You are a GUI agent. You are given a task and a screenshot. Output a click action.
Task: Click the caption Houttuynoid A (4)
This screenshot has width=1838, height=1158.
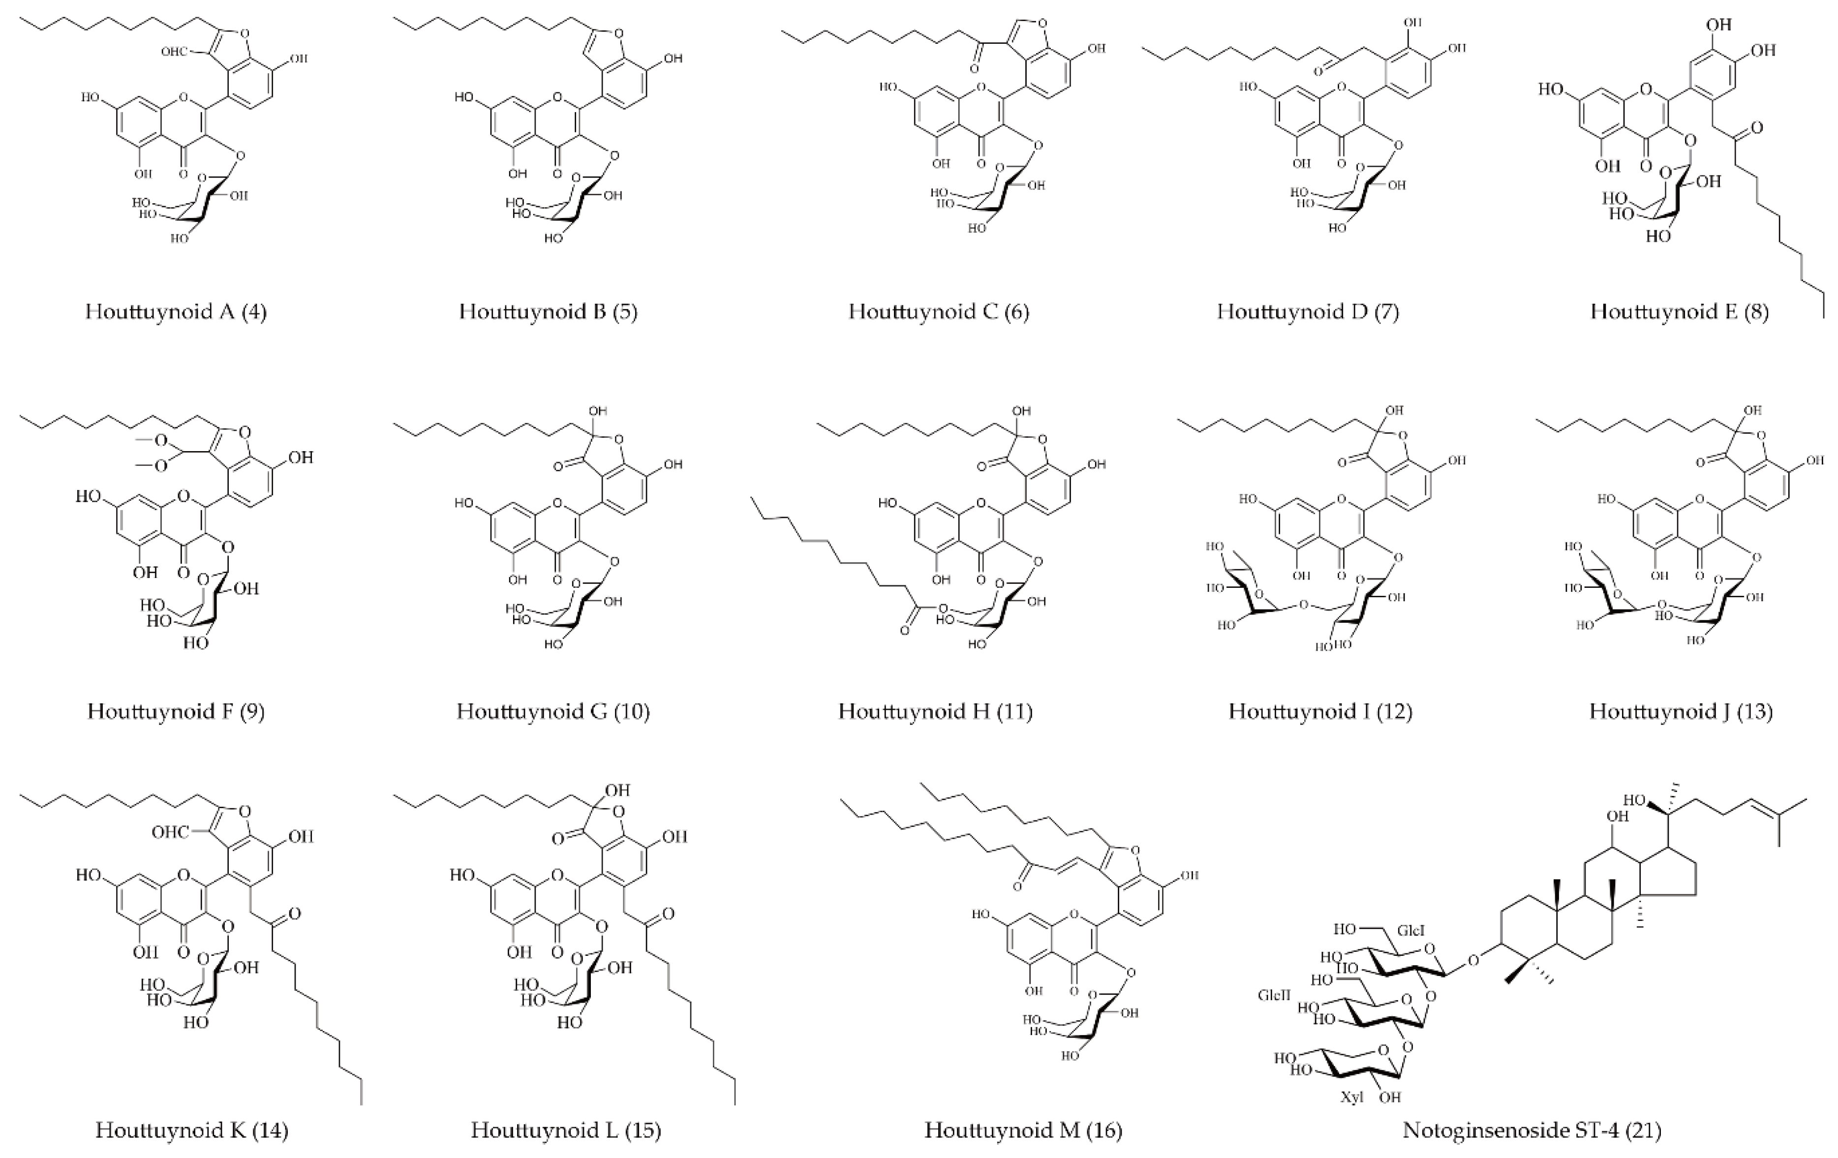click(176, 312)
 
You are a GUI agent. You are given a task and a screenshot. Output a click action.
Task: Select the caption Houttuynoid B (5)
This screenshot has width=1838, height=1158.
click(548, 312)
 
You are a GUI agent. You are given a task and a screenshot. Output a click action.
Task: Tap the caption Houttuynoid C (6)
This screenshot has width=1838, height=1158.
click(939, 312)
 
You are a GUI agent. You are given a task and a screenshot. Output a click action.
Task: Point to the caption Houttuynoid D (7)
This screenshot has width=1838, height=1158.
click(1308, 312)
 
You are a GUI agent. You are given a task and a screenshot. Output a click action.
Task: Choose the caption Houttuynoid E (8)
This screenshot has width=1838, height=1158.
click(1679, 312)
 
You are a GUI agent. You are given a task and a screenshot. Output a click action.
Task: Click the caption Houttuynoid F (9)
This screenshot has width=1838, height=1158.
click(176, 711)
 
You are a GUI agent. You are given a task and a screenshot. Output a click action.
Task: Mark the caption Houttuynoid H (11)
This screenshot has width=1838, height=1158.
click(936, 711)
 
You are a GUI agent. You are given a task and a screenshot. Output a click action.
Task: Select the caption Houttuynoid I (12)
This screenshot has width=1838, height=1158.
click(1320, 711)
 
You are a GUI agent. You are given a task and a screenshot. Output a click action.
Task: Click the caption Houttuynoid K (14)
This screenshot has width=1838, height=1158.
click(191, 1130)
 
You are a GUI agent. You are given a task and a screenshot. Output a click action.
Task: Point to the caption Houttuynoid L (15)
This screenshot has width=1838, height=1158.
click(566, 1130)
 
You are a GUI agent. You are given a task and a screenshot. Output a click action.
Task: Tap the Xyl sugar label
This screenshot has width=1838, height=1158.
click(1352, 1097)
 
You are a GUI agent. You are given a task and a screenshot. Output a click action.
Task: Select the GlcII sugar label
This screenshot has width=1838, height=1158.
click(1274, 995)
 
